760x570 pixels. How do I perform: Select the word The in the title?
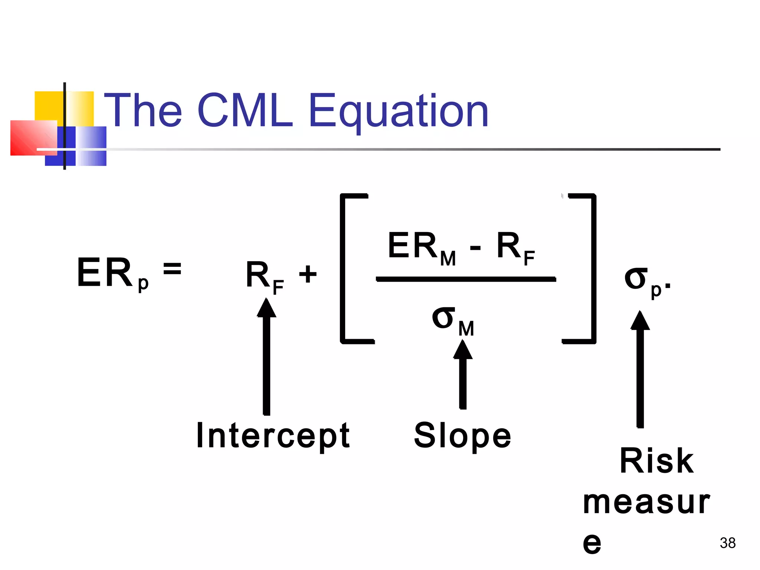point(143,110)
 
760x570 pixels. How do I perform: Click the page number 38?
point(727,543)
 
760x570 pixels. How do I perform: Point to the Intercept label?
point(273,436)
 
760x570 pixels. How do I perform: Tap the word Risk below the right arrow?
point(656,461)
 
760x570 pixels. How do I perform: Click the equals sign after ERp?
point(172,268)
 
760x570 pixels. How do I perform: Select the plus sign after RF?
point(308,274)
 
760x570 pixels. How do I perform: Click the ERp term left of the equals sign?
point(111,274)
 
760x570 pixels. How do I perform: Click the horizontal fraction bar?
point(466,279)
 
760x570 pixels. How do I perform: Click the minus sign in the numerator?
point(475,248)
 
